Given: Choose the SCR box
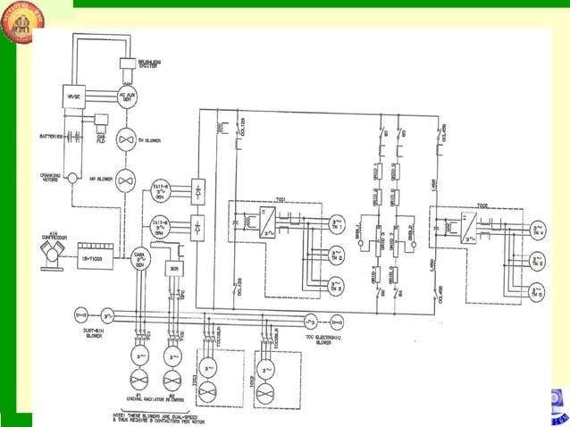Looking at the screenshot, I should point(175,267).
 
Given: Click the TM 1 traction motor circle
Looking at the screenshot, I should point(337,224).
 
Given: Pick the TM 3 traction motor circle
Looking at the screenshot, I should point(337,288).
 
